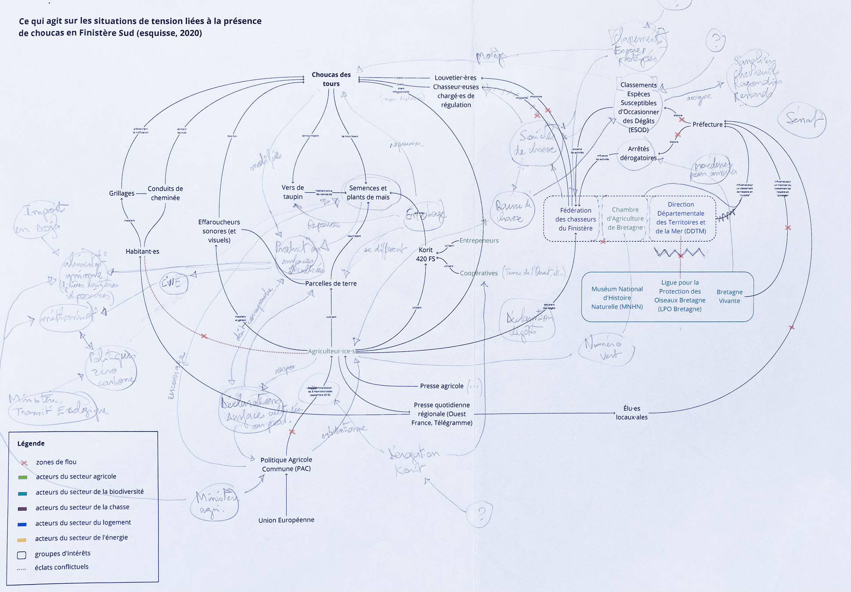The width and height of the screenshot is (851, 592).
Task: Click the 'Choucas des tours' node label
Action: coord(331,79)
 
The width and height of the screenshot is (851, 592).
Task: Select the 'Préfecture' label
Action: coord(707,125)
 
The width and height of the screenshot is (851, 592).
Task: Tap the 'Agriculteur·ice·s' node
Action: coord(331,351)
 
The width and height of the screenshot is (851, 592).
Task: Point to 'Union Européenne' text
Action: coord(286,520)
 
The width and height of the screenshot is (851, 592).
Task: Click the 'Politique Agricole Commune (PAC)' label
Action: coord(286,464)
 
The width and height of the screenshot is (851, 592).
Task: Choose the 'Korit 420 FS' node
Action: coord(425,254)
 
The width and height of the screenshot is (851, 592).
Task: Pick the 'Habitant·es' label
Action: coord(142,251)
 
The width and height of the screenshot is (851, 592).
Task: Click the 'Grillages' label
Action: coord(122,193)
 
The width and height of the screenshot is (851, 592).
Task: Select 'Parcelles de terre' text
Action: coord(331,283)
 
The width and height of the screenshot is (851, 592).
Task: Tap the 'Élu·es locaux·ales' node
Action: coord(631,413)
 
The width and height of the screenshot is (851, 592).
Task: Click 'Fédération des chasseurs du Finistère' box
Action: coord(575,219)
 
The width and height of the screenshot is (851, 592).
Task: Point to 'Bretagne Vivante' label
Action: coord(729,296)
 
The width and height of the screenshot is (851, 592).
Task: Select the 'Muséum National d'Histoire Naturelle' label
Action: coord(617,298)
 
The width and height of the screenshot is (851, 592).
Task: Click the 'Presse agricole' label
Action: coord(442,386)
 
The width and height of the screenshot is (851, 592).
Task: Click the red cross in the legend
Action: coord(24,463)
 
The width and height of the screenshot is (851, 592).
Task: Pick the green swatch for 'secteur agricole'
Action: coord(23,477)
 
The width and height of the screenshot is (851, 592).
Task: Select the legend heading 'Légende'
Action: coord(31,443)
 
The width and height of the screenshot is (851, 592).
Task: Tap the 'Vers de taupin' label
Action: coord(293,192)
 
